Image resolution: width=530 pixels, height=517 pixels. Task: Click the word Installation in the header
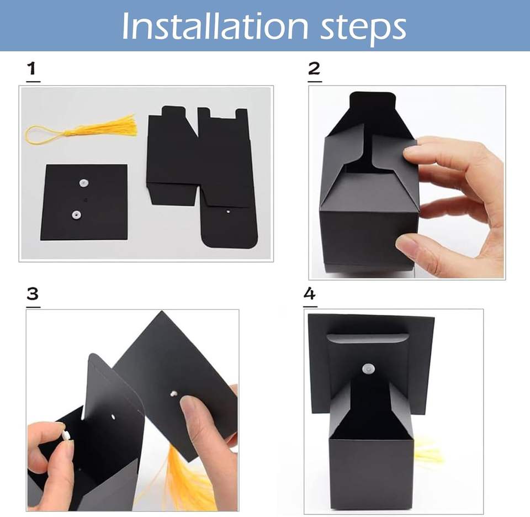[x=215, y=26]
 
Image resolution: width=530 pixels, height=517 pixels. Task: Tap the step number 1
[x=33, y=68]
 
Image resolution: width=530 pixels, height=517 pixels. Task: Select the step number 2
[x=314, y=68]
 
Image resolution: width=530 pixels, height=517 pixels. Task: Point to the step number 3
[x=33, y=294]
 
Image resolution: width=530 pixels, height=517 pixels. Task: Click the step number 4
[x=310, y=293]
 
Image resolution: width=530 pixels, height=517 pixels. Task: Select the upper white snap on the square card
[x=83, y=183]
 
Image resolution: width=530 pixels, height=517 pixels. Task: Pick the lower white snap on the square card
[x=76, y=214]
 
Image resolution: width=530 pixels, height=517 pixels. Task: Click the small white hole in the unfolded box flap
[x=228, y=212]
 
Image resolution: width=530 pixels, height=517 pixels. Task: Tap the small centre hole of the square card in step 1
[x=86, y=200]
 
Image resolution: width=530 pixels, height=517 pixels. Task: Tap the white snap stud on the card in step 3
[x=174, y=393]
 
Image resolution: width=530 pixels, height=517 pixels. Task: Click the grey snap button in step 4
[x=369, y=369]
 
